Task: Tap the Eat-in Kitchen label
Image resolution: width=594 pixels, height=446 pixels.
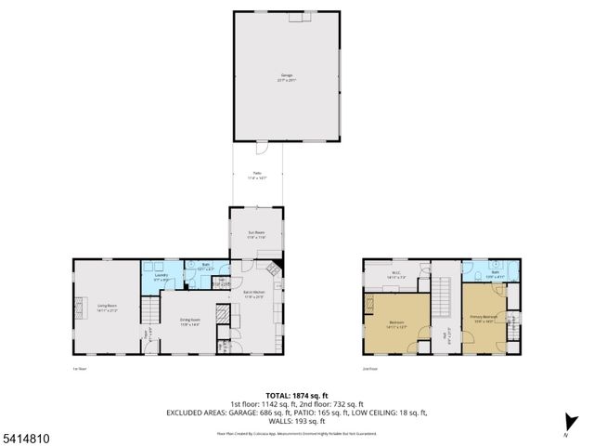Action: (256, 294)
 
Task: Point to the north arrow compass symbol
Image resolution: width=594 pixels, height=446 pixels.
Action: (566, 428)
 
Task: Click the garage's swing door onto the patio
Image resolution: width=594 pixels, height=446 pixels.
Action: (263, 148)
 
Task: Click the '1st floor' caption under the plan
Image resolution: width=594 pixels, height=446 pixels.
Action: (80, 368)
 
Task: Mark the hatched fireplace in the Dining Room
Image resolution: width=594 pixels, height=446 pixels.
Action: (222, 316)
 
